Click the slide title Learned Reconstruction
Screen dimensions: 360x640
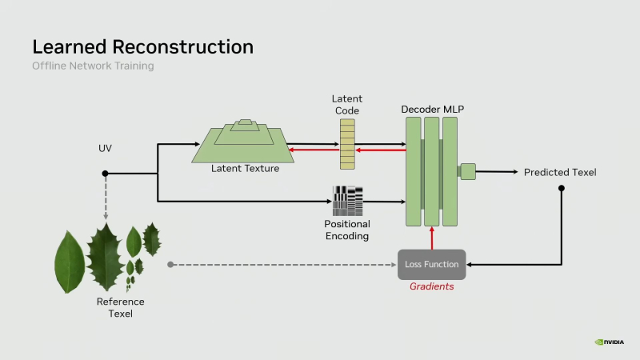(142, 46)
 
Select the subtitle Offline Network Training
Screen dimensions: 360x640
(93, 66)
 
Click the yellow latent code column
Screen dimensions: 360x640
(346, 144)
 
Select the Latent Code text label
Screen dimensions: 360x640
(346, 104)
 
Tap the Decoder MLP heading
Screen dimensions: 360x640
(431, 108)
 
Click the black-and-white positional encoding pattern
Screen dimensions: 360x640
(347, 201)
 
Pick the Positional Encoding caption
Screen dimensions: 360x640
(346, 230)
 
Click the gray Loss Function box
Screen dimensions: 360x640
(431, 264)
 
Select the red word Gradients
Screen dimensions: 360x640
(431, 286)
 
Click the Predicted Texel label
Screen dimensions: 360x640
(560, 173)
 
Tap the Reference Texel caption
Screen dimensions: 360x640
(120, 307)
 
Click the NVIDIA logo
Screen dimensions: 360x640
(610, 342)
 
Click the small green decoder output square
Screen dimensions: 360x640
(468, 170)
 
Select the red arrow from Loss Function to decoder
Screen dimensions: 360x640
(431, 238)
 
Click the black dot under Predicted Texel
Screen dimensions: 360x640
(562, 189)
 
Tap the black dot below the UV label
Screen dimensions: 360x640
(105, 174)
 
